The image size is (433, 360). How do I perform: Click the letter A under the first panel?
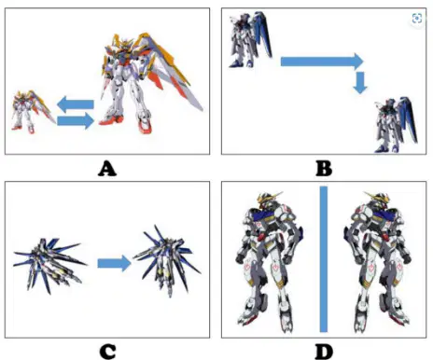pos(107,169)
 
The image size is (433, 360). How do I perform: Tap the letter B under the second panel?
pos(324,169)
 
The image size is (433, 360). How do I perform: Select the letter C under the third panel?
pos(107,352)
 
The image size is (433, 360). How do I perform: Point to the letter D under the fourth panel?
pos(324,352)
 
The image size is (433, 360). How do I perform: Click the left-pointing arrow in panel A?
pos(76,104)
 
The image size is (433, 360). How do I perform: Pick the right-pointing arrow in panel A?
pos(76,120)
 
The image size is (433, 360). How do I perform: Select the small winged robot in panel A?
pos(31,112)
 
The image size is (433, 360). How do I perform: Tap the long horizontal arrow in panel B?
pos(322,62)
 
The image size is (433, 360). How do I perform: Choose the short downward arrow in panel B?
pos(360,83)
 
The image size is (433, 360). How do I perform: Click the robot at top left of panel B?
pos(250,39)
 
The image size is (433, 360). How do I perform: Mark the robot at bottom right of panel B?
pos(396,125)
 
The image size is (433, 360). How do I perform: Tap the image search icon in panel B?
pos(417,19)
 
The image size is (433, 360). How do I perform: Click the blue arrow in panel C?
pos(115,264)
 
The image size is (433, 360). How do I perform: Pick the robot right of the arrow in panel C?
pos(167,261)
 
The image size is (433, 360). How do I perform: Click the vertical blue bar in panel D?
pos(324,259)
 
